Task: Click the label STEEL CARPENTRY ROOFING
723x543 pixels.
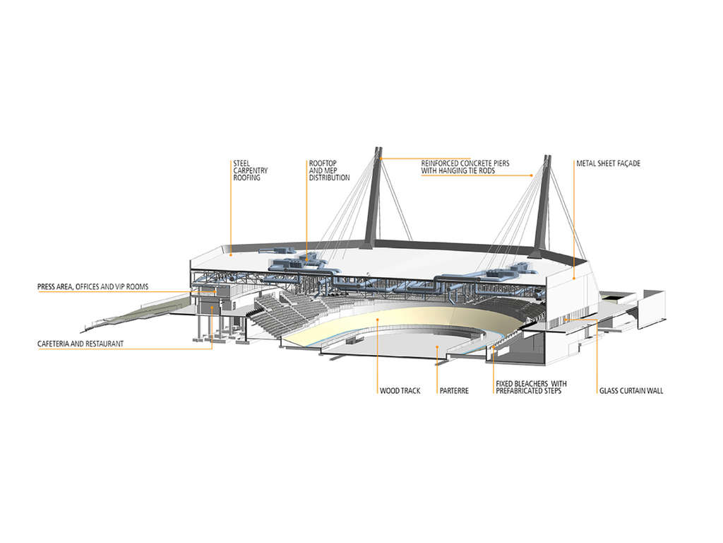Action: (250, 170)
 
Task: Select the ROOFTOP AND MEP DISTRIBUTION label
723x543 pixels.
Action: (329, 170)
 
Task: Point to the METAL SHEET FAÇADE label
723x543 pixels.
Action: (608, 163)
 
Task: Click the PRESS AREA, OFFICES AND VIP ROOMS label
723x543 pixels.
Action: (92, 287)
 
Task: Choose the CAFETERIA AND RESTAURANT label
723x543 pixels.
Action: (80, 344)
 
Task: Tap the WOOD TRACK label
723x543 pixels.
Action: (400, 390)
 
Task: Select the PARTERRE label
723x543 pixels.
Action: (454, 390)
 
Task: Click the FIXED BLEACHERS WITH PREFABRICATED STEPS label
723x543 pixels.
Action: (531, 387)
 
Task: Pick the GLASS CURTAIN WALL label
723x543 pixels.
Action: (631, 390)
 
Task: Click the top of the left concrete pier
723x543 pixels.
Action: (378, 148)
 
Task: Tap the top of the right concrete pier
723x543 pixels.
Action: (548, 157)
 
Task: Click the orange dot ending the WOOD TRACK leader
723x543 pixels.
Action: (377, 319)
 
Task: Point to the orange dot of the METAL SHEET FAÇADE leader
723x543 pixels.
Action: (573, 279)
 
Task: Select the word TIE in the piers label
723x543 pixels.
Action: (473, 170)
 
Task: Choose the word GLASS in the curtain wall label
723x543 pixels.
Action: (609, 390)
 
